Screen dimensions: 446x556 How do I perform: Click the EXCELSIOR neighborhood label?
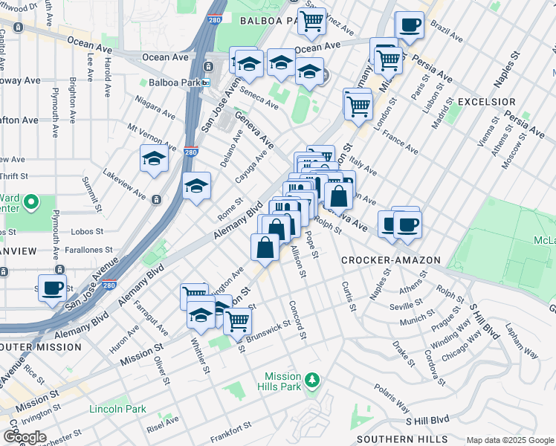pyautogui.click(x=487, y=101)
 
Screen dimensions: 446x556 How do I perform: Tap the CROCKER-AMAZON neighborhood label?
pyautogui.click(x=391, y=260)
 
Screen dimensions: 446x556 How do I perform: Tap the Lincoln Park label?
pyautogui.click(x=117, y=409)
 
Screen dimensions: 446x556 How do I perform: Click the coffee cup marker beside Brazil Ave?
pyautogui.click(x=410, y=26)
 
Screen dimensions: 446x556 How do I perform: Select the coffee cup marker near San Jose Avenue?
pyautogui.click(x=52, y=288)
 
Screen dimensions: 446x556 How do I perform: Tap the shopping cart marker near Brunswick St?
pyautogui.click(x=237, y=321)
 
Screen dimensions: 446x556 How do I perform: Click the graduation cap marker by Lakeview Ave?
pyautogui.click(x=155, y=159)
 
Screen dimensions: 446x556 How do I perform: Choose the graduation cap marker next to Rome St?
pyautogui.click(x=196, y=187)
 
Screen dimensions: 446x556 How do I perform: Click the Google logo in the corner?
pyautogui.click(x=25, y=437)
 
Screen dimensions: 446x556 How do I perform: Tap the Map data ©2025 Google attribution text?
pyautogui.click(x=509, y=440)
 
